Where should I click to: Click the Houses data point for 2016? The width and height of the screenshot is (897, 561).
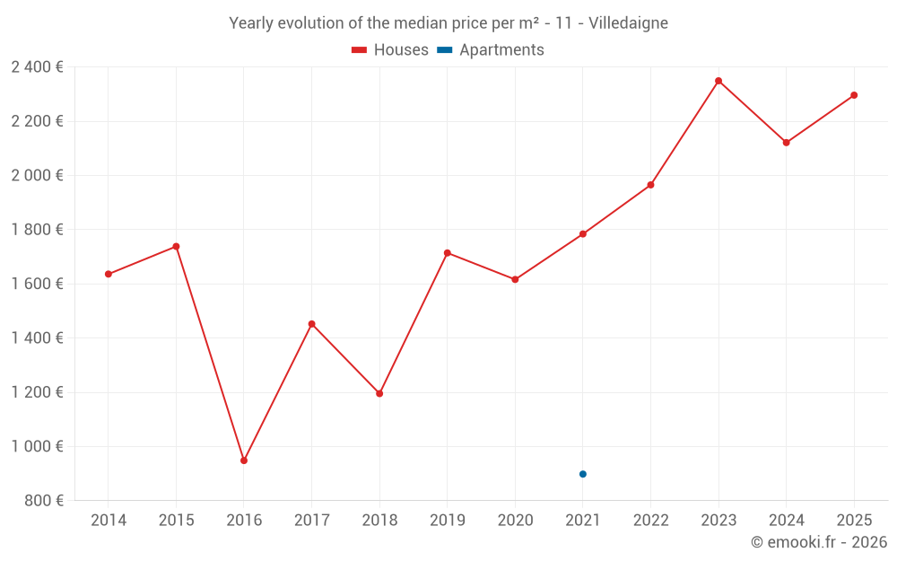point(244,460)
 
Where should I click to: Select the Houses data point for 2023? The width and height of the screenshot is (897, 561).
point(718,81)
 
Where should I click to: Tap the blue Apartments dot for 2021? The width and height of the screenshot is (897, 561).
point(583,474)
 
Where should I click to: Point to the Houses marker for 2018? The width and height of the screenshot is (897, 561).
point(379,393)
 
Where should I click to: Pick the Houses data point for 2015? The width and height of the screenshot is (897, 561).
point(176,246)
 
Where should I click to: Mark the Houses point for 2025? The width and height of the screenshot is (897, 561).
point(854,95)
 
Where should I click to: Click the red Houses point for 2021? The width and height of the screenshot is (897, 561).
point(583,234)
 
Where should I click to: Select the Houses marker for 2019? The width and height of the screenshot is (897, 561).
point(448,253)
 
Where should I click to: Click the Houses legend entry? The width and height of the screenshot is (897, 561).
point(390,50)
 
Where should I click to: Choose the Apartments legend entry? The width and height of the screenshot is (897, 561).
point(492,50)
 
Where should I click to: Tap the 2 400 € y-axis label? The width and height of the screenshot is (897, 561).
point(37,67)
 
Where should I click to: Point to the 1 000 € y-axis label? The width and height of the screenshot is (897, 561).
point(37,446)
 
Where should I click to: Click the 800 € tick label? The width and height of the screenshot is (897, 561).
point(42,501)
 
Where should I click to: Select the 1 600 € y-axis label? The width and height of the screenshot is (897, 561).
point(37,284)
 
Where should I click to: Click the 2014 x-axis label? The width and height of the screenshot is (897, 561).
point(109,521)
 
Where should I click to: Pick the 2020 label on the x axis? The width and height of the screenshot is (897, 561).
point(515,521)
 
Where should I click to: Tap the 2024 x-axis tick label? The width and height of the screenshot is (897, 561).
point(786,521)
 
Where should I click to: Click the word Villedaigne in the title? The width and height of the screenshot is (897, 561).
point(628,23)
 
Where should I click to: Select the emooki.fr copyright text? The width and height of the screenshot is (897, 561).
point(819,542)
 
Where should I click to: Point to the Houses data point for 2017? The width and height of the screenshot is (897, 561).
point(312,324)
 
